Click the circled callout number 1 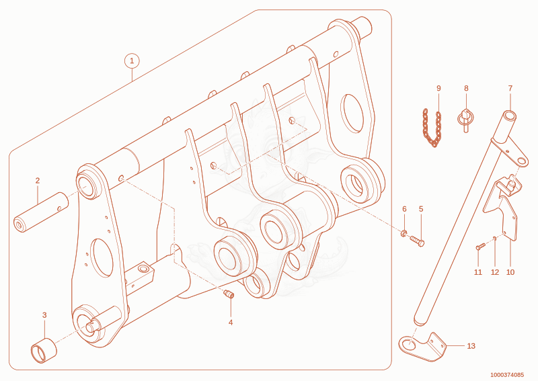[x=132, y=61]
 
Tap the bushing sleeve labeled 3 [x=44, y=350]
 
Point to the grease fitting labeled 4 [x=229, y=294]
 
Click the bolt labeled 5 [x=417, y=241]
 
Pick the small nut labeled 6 [x=404, y=234]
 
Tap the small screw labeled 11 [x=480, y=246]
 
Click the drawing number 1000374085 [x=507, y=375]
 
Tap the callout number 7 [x=510, y=88]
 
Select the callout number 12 [x=495, y=272]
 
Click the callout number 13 [x=471, y=346]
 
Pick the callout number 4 [x=231, y=323]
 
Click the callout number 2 [x=38, y=180]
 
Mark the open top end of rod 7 [x=510, y=116]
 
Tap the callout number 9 [x=438, y=88]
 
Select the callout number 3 [x=44, y=315]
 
